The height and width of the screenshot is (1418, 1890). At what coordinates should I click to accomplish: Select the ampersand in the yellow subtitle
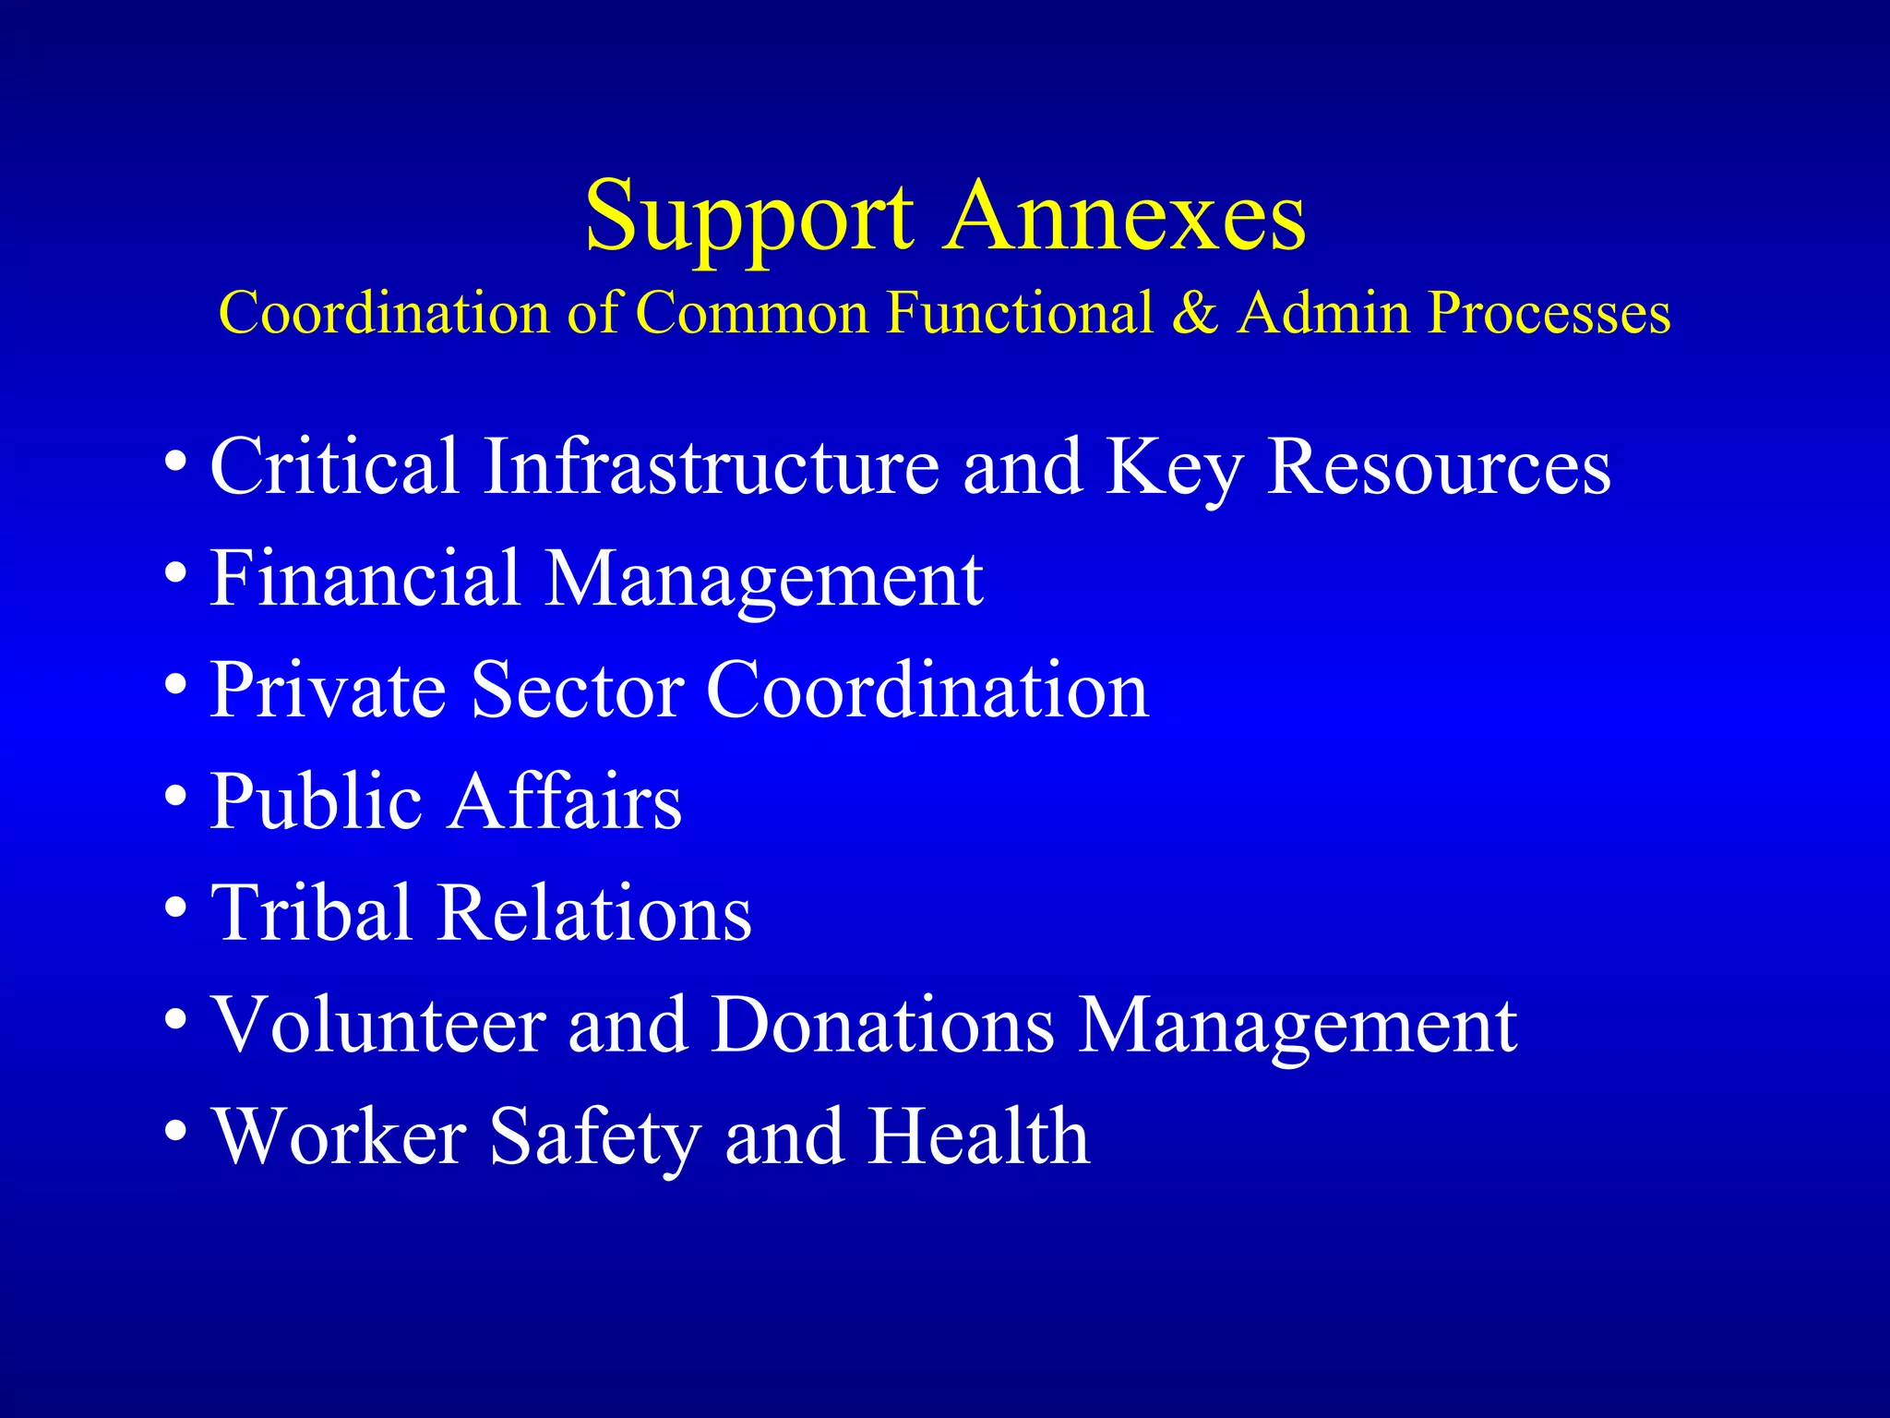click(1195, 312)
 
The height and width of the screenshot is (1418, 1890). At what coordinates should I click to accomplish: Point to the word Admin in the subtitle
click(1323, 312)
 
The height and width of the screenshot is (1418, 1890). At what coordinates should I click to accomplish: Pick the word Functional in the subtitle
click(1020, 312)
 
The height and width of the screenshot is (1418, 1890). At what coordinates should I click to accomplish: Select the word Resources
click(1438, 466)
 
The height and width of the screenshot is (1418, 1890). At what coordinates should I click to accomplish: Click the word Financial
click(365, 578)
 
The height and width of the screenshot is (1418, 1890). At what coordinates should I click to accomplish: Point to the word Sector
click(578, 690)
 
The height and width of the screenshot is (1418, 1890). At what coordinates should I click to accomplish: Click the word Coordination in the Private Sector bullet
click(927, 690)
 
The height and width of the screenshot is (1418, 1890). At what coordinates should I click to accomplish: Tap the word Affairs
click(566, 800)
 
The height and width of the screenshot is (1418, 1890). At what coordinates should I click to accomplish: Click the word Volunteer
click(378, 1025)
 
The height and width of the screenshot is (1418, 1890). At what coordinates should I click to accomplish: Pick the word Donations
click(882, 1025)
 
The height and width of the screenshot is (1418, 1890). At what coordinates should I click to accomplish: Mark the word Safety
click(595, 1137)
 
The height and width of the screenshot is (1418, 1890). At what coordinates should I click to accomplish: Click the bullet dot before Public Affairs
click(175, 796)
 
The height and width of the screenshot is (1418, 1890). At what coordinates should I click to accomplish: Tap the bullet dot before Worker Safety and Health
click(175, 1130)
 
